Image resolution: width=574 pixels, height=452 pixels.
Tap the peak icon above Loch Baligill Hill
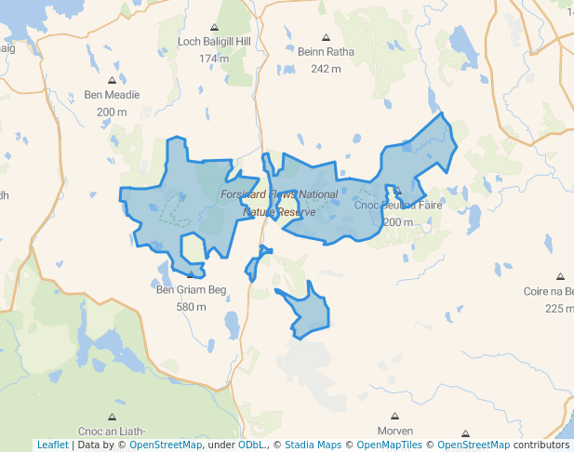click(214, 28)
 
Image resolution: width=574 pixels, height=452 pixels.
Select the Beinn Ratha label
click(319, 53)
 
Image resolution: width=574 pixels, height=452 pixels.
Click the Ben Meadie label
click(112, 95)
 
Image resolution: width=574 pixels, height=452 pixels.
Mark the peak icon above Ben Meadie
click(113, 80)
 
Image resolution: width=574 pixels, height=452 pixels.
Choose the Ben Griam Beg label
click(191, 290)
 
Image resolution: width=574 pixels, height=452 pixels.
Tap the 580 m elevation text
click(191, 307)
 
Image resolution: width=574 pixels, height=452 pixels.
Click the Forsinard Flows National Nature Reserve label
click(280, 203)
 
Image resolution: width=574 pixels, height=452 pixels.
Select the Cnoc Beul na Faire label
click(398, 206)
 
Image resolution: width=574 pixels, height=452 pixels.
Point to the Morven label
click(394, 431)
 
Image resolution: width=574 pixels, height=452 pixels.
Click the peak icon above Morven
click(394, 417)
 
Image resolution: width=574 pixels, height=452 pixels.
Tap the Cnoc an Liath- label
click(112, 431)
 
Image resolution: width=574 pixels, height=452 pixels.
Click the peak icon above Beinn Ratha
click(319, 38)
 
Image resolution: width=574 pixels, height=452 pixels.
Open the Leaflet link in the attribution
click(52, 445)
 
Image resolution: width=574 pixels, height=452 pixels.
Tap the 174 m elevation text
click(213, 59)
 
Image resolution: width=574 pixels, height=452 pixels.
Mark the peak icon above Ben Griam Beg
click(191, 275)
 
